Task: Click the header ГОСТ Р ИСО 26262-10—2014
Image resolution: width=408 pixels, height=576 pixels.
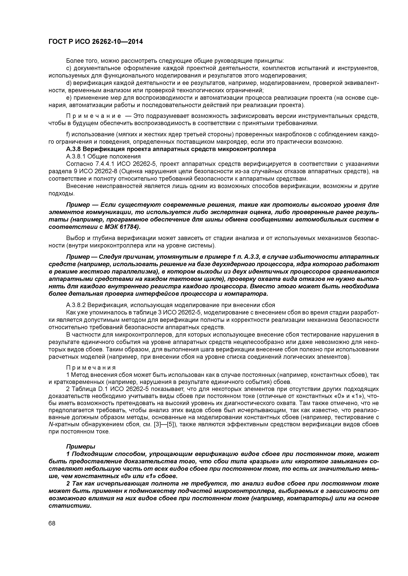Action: tap(96, 42)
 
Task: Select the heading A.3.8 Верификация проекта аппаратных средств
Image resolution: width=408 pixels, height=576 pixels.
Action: tap(171, 149)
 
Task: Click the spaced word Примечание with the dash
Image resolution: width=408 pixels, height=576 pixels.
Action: tap(98, 116)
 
